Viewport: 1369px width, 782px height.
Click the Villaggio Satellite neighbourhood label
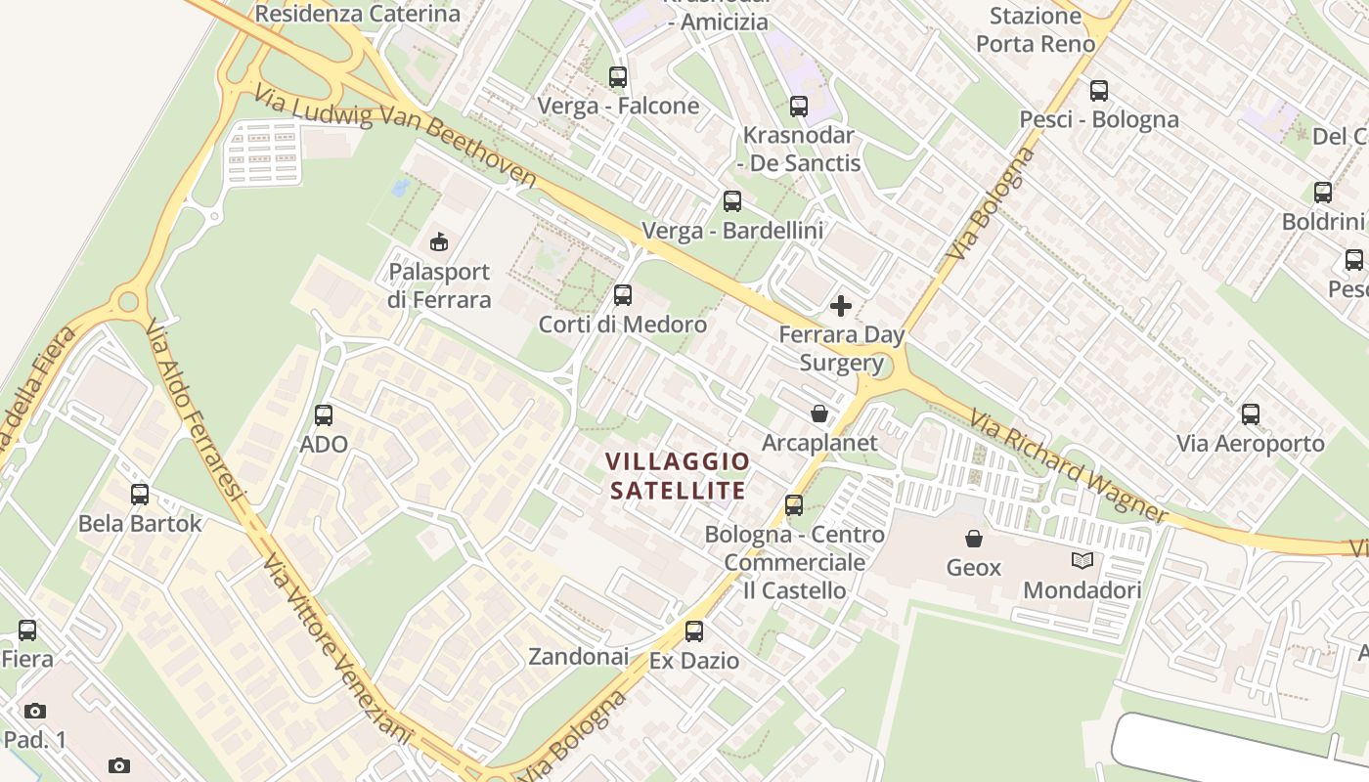point(678,475)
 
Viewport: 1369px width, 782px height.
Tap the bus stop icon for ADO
point(324,414)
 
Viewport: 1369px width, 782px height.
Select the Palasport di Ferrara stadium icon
point(438,240)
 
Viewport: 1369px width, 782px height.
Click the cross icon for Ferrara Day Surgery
point(840,307)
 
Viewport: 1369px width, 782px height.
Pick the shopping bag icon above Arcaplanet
point(819,414)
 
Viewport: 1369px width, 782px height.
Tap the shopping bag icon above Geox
point(973,539)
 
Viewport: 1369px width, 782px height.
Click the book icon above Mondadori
point(1082,561)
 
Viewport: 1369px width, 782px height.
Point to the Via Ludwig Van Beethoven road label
point(396,136)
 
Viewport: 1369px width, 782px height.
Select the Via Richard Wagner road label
point(1068,466)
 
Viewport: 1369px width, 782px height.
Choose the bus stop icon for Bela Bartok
point(140,495)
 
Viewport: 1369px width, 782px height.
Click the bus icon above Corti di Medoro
point(622,295)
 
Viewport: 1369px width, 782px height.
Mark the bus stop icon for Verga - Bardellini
point(731,201)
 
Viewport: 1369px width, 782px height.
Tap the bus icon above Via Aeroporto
point(1250,414)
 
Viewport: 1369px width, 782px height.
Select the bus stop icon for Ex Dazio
point(694,631)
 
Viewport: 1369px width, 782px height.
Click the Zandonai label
point(578,657)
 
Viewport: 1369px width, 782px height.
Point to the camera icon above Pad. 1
point(35,711)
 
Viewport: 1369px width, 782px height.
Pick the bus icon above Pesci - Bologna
point(1099,91)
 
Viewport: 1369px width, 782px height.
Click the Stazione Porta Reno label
point(1035,29)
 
